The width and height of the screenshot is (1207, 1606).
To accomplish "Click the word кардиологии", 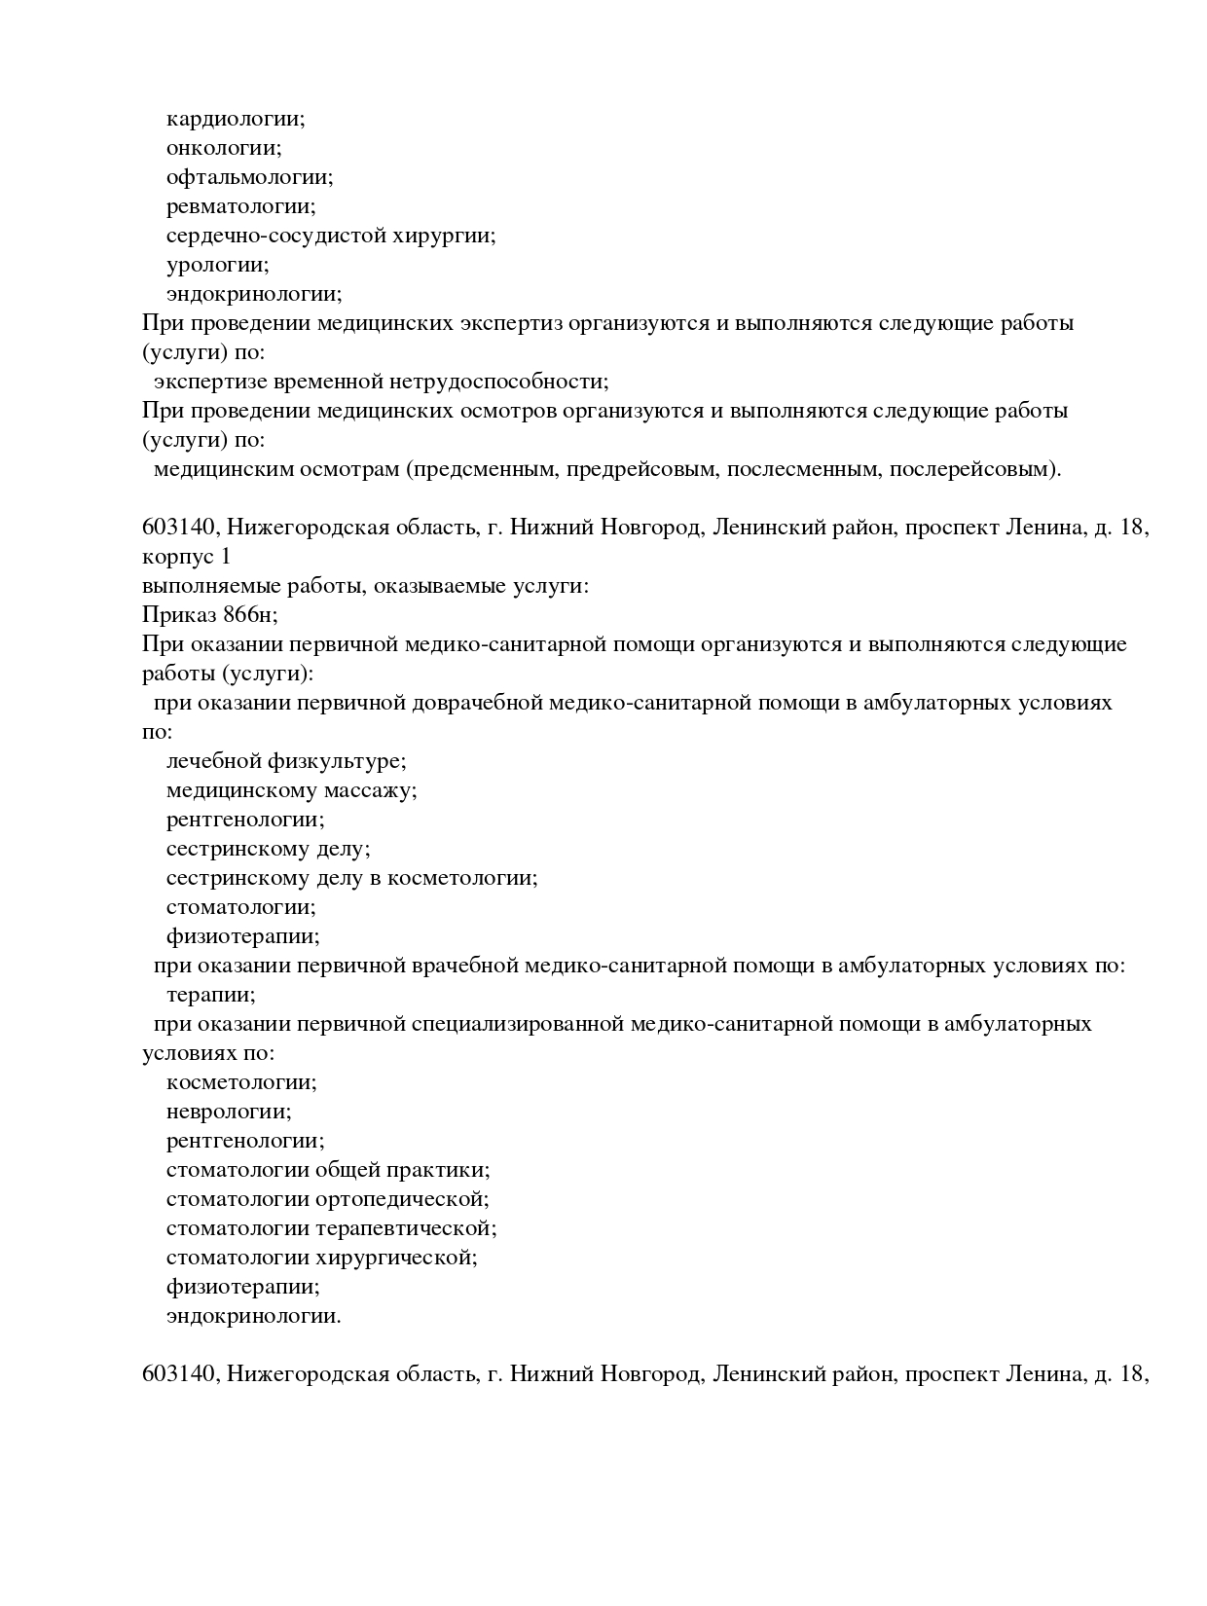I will click(x=236, y=120).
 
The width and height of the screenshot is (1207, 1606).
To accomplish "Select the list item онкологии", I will click(x=224, y=149).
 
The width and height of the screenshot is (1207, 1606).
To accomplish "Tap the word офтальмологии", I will click(x=249, y=178).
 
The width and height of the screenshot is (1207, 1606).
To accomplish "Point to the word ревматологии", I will click(x=240, y=207).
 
